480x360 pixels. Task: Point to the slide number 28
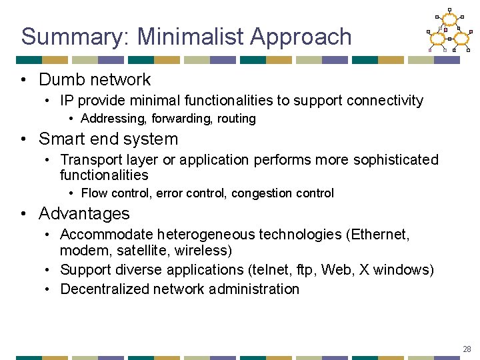[467, 349]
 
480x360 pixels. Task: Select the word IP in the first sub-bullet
[67, 101]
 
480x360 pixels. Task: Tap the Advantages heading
[84, 214]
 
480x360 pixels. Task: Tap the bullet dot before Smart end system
[24, 139]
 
